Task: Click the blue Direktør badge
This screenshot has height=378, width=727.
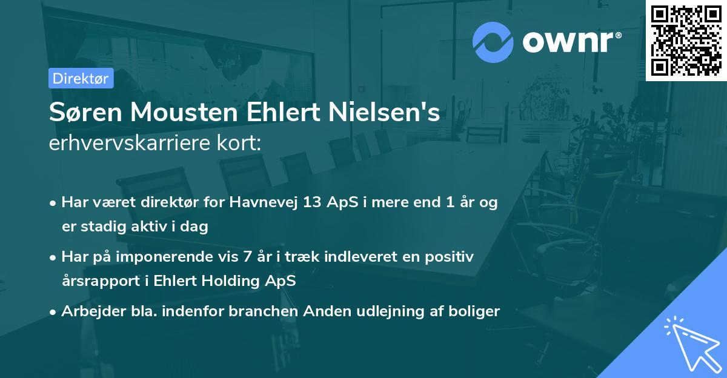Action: [x=81, y=78]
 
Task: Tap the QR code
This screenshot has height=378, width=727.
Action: [x=686, y=40]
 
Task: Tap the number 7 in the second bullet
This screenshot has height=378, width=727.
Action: [x=247, y=257]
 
